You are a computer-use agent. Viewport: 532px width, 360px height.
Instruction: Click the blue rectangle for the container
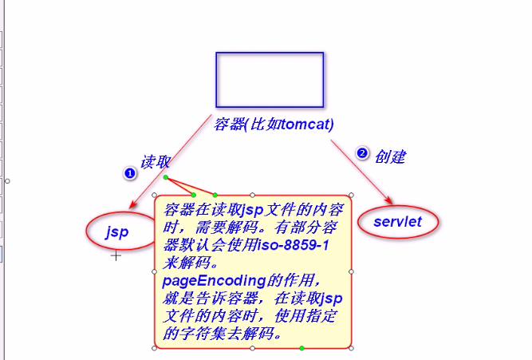tap(270, 79)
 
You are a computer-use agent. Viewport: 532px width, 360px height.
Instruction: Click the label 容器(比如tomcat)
tap(274, 124)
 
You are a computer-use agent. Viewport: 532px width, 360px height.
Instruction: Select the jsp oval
tap(117, 231)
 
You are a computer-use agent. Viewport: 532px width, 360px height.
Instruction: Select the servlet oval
tap(397, 221)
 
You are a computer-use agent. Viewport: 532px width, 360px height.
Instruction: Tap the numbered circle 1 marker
tap(129, 173)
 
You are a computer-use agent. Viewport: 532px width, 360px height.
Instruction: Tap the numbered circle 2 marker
tap(362, 153)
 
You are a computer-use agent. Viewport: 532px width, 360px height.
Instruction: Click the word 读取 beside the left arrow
tap(156, 161)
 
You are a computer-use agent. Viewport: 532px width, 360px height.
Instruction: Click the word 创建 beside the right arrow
tap(391, 155)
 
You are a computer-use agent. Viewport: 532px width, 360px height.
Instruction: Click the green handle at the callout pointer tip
tap(165, 177)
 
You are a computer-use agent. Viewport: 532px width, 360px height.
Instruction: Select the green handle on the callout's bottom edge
tap(301, 348)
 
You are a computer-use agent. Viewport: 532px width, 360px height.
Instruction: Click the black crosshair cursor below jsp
tap(116, 255)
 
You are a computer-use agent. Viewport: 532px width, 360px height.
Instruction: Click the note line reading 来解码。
tap(188, 263)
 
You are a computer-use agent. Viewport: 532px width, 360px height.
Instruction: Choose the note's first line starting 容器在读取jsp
tap(254, 211)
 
